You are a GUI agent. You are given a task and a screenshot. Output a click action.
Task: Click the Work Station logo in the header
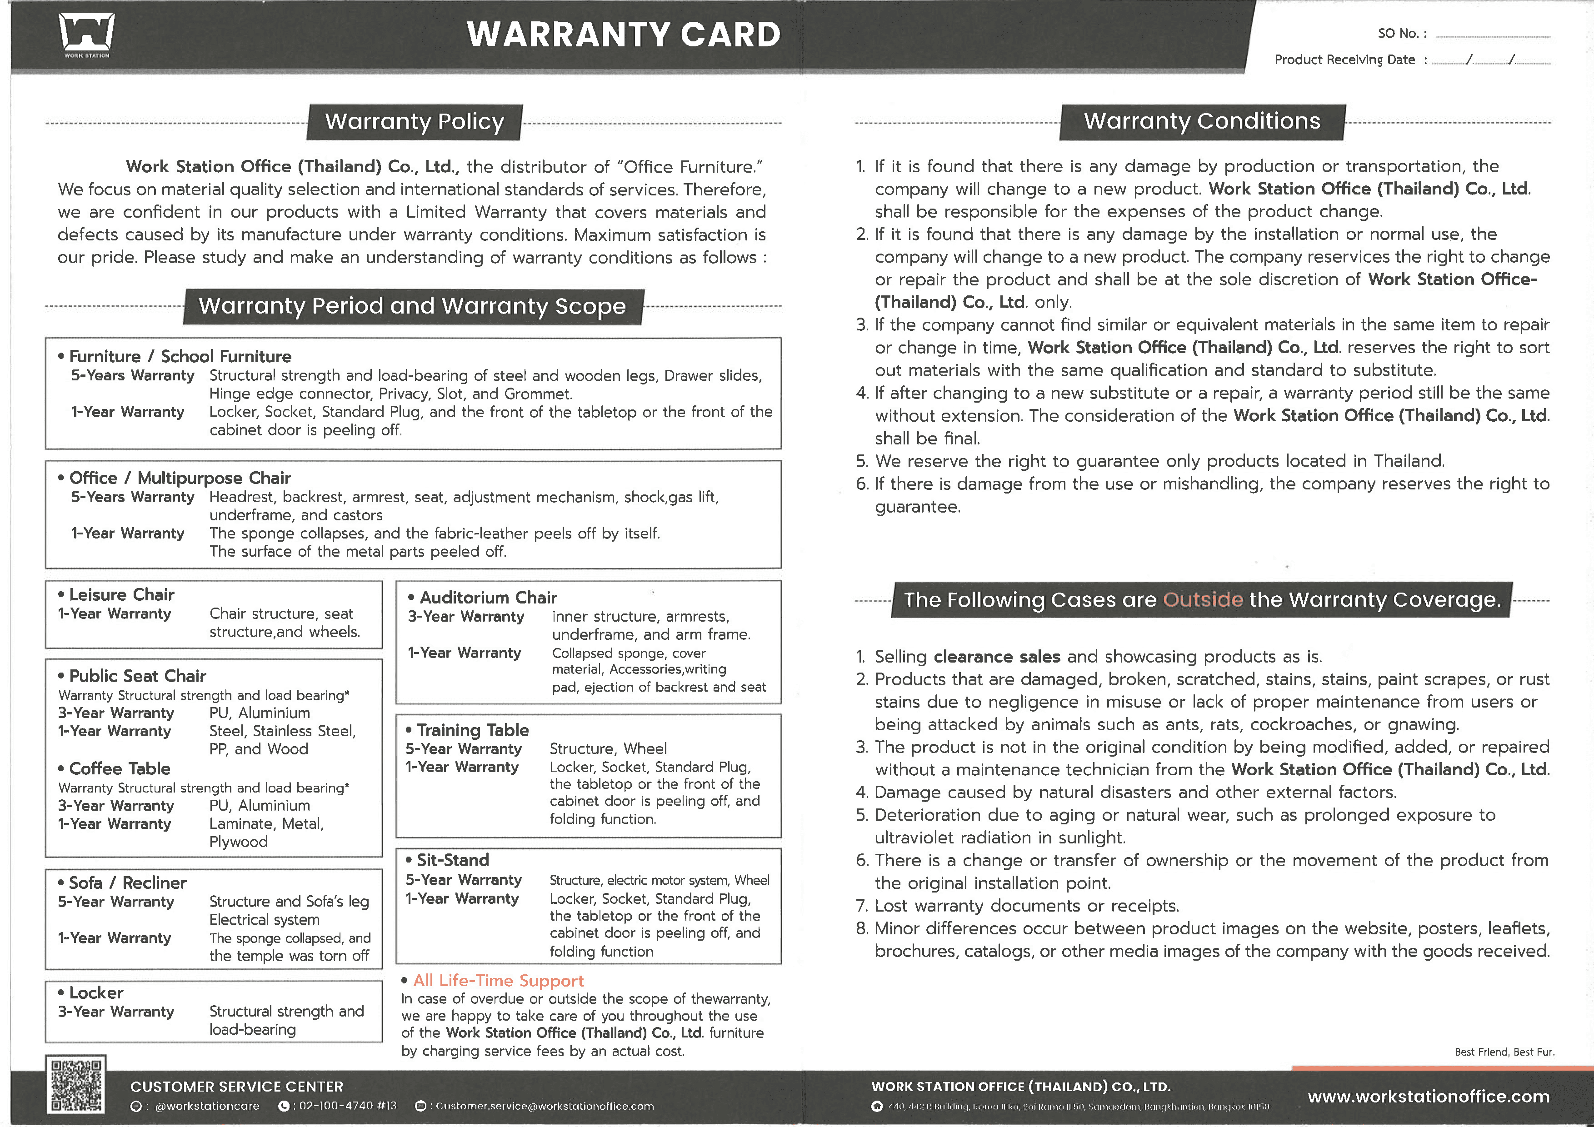87,35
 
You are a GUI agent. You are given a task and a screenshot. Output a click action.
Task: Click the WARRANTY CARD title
624,35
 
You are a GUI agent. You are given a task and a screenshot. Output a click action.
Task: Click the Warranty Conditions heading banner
1202,121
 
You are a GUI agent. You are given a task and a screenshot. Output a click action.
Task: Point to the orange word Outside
1203,599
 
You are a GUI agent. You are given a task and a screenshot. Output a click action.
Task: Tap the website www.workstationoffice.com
1428,1097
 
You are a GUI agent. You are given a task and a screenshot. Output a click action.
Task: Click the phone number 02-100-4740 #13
347,1106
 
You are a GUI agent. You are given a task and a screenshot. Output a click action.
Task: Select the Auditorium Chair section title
488,598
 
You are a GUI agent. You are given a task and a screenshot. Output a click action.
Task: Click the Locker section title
96,993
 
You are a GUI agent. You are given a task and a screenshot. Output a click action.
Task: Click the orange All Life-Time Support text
499,981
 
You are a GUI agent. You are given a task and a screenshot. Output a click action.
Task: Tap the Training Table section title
472,730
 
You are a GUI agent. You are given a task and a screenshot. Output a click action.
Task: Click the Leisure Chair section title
121,595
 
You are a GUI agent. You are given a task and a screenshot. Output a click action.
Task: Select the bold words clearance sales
996,657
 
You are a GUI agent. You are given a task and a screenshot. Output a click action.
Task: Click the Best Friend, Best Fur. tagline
1504,1052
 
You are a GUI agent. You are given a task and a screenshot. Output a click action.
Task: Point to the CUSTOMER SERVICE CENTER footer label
237,1087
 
